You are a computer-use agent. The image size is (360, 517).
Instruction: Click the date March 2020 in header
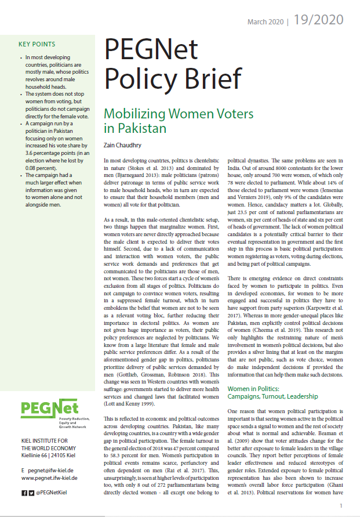tap(266, 22)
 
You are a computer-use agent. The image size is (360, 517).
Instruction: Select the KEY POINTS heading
tap(37, 44)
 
